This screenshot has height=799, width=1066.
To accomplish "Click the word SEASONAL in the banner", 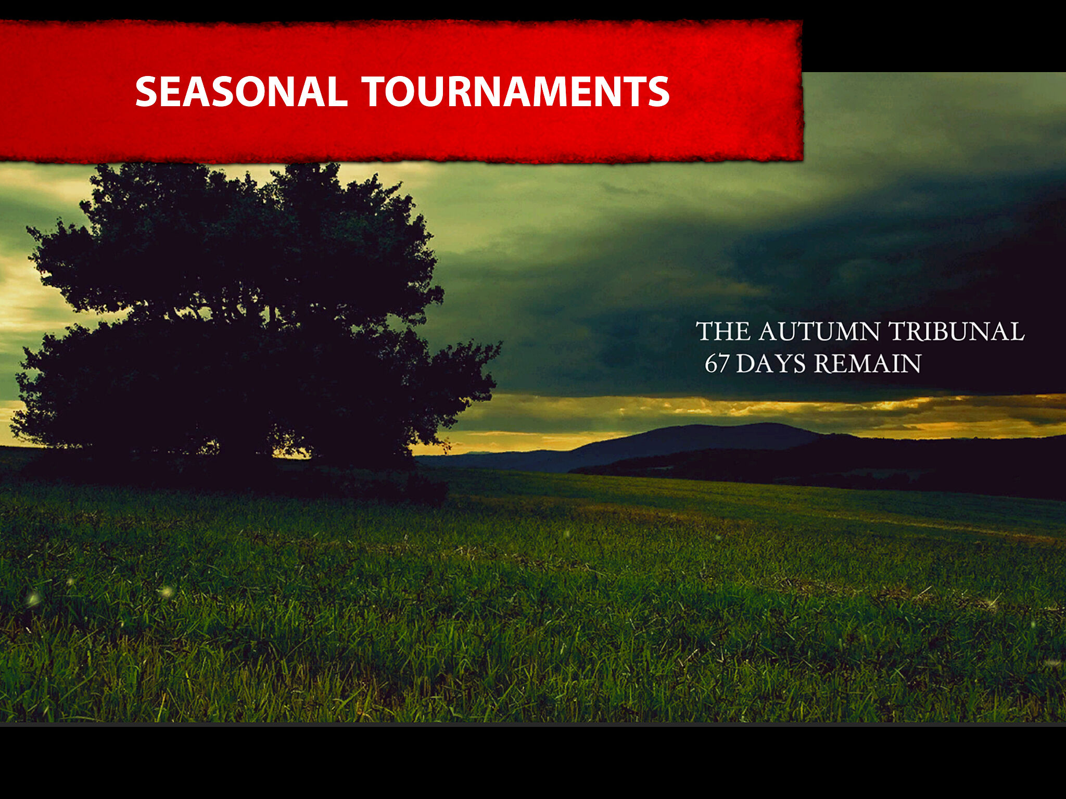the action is point(242,92).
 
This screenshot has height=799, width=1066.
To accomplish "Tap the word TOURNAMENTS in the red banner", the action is point(516,92).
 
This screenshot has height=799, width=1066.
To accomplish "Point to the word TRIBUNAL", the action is point(956,332).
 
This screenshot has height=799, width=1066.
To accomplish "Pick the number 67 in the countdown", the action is point(717,363).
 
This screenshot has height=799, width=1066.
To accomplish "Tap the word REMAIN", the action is point(868,363).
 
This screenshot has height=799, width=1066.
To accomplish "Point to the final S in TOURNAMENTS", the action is point(658,92).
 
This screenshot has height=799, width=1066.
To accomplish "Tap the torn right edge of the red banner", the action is point(801,91).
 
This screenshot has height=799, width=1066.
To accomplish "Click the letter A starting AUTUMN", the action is point(769,332).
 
